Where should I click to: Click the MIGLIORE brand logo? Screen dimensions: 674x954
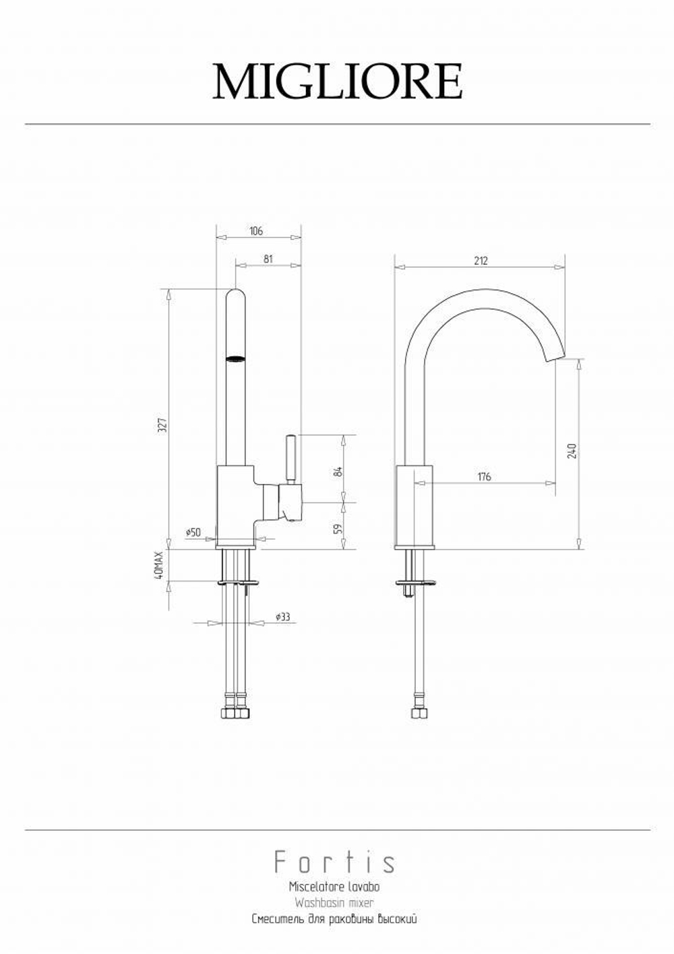[338, 82]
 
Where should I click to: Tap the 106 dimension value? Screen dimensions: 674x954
[255, 231]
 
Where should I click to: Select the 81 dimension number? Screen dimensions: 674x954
[268, 259]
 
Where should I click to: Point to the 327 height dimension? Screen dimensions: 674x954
[162, 425]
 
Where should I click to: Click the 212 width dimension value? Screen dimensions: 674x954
[481, 261]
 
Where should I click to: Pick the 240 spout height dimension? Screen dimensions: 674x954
[572, 451]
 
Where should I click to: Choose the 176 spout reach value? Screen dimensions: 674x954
[485, 476]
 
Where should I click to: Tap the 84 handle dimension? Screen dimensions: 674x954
[339, 472]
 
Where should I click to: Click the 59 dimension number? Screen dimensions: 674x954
[339, 529]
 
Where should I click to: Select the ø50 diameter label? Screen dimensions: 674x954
[193, 532]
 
